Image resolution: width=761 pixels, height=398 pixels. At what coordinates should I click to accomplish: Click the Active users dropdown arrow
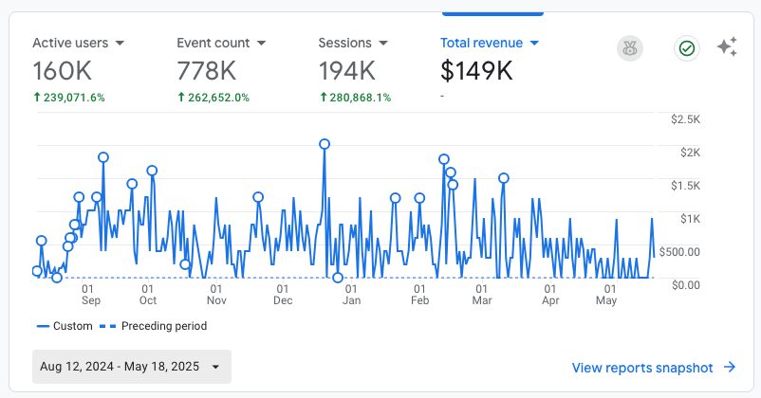coord(121,44)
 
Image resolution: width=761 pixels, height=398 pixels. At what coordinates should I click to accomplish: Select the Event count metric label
coord(213,43)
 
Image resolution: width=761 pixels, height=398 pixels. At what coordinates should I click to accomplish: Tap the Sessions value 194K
coord(346,71)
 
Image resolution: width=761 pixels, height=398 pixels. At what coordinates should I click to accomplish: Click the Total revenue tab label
coord(481,43)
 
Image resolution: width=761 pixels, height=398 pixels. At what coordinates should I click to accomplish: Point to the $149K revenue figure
coord(477,71)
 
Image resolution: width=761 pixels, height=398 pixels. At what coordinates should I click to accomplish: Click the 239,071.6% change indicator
coord(69,97)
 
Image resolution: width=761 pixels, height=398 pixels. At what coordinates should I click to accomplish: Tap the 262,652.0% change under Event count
coord(213,97)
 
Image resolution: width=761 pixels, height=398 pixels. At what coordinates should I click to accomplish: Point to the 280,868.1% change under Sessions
coord(356,97)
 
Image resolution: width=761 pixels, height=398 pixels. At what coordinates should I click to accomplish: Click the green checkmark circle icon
coord(686,48)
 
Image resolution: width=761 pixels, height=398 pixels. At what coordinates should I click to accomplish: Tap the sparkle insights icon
coord(728,47)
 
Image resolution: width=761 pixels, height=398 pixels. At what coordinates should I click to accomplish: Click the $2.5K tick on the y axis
coord(685,119)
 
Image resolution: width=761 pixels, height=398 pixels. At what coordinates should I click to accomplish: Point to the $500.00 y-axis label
coord(681,252)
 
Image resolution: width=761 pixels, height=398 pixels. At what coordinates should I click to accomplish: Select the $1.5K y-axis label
coord(685,186)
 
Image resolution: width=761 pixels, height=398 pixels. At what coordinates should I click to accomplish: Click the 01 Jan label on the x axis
coord(351,295)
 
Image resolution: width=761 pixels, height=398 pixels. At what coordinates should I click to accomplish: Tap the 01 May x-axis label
coord(606,295)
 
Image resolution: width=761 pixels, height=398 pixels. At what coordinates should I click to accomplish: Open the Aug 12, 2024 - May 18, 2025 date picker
coord(132,367)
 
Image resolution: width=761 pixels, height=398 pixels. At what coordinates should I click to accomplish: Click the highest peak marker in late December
coord(325,144)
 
